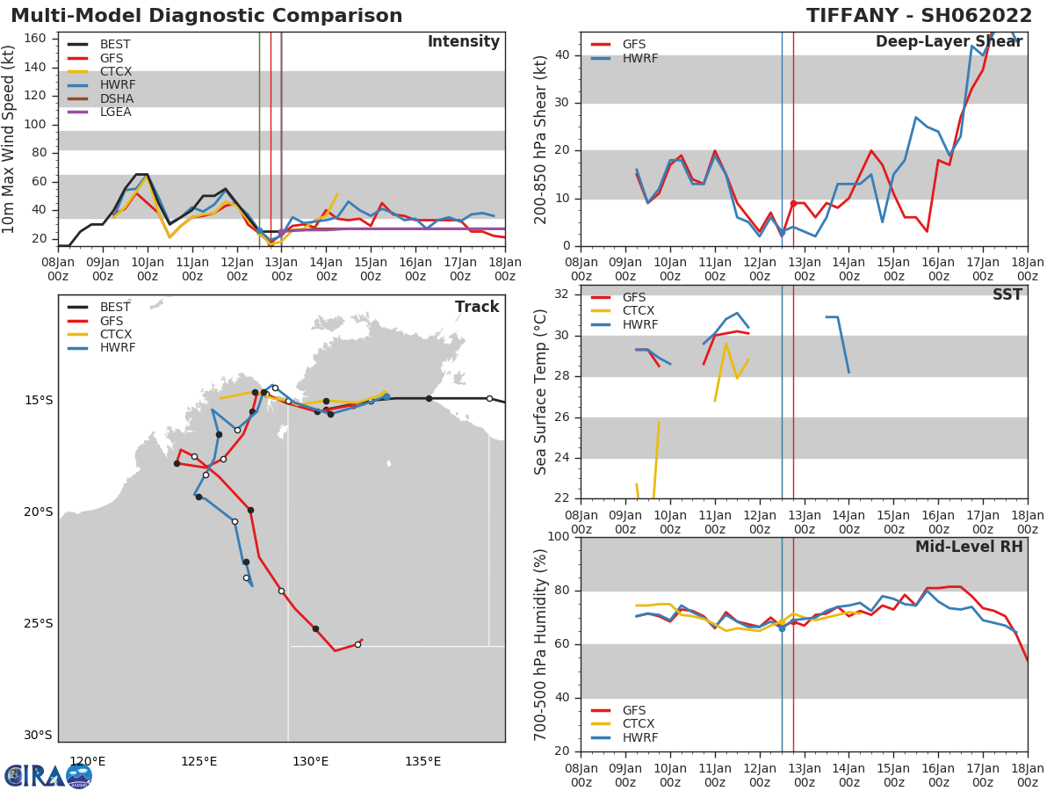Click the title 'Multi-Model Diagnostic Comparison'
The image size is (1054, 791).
(x=206, y=16)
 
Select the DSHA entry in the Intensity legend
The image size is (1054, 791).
(x=116, y=98)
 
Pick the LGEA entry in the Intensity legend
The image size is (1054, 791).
(x=115, y=112)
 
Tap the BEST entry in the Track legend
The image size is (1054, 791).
(x=115, y=308)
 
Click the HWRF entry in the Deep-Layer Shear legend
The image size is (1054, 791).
(x=639, y=58)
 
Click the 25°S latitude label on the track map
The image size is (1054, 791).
(x=37, y=624)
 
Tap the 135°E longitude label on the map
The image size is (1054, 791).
(x=422, y=761)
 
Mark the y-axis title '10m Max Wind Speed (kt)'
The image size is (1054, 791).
(x=10, y=139)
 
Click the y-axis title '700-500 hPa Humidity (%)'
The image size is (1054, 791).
(x=541, y=644)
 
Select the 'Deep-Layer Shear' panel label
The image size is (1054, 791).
(x=949, y=42)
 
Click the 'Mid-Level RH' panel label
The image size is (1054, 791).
(x=969, y=547)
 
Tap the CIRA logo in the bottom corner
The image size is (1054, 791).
(x=48, y=776)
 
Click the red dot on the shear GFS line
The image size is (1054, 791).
(x=793, y=203)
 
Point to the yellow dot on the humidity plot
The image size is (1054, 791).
(x=782, y=622)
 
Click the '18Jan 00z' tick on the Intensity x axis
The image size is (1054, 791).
(x=504, y=269)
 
